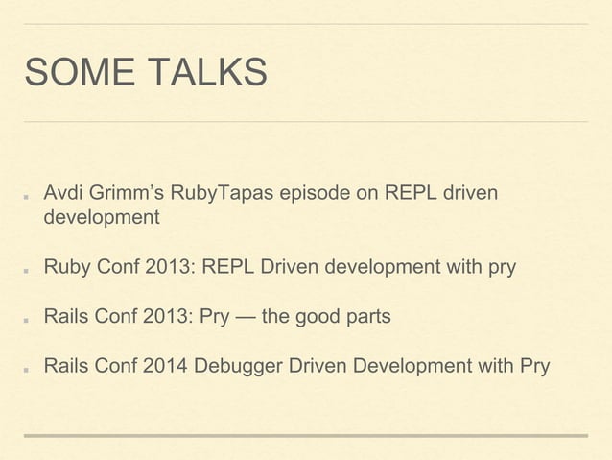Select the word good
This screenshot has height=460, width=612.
point(318,316)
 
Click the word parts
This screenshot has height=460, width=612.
point(367,316)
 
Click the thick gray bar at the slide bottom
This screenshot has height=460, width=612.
point(305,436)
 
